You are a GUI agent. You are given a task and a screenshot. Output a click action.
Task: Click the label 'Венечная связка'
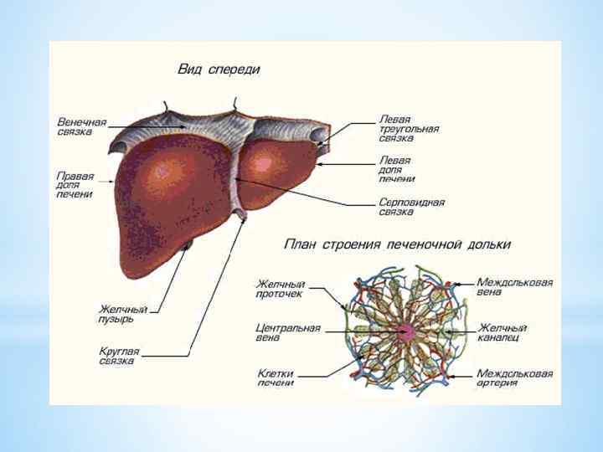pyautogui.click(x=81, y=127)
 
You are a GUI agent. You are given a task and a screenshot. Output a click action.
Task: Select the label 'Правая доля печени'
pyautogui.click(x=75, y=185)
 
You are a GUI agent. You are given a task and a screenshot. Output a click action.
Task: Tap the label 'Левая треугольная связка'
pyautogui.click(x=409, y=129)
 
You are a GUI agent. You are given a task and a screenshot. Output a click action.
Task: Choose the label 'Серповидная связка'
pyautogui.click(x=411, y=207)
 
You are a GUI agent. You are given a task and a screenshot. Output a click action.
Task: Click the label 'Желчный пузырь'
pyautogui.click(x=123, y=314)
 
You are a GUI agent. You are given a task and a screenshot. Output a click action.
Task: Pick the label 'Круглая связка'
pyautogui.click(x=119, y=356)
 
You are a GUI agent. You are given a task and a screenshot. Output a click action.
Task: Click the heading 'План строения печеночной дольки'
pyautogui.click(x=398, y=245)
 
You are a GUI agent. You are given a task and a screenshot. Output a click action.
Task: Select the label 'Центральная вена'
pyautogui.click(x=287, y=333)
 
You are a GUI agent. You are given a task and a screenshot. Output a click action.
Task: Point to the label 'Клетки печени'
pyautogui.click(x=276, y=378)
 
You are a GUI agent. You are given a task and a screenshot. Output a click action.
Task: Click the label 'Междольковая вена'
pyautogui.click(x=514, y=287)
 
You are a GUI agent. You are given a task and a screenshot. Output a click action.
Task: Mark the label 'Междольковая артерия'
pyautogui.click(x=514, y=378)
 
